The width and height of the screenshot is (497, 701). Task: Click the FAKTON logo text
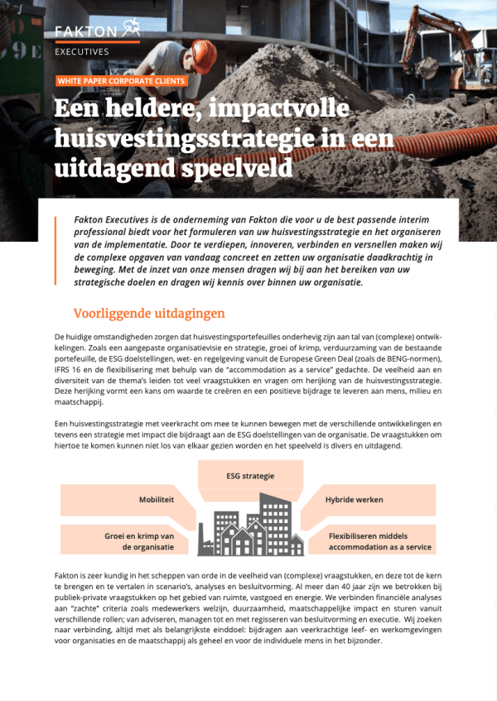pyautogui.click(x=85, y=31)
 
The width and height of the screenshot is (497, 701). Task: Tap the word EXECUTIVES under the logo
pyautogui.click(x=81, y=51)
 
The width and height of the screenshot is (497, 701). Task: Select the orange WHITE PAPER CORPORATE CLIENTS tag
pyautogui.click(x=121, y=81)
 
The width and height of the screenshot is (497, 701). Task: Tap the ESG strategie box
pyautogui.click(x=249, y=476)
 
